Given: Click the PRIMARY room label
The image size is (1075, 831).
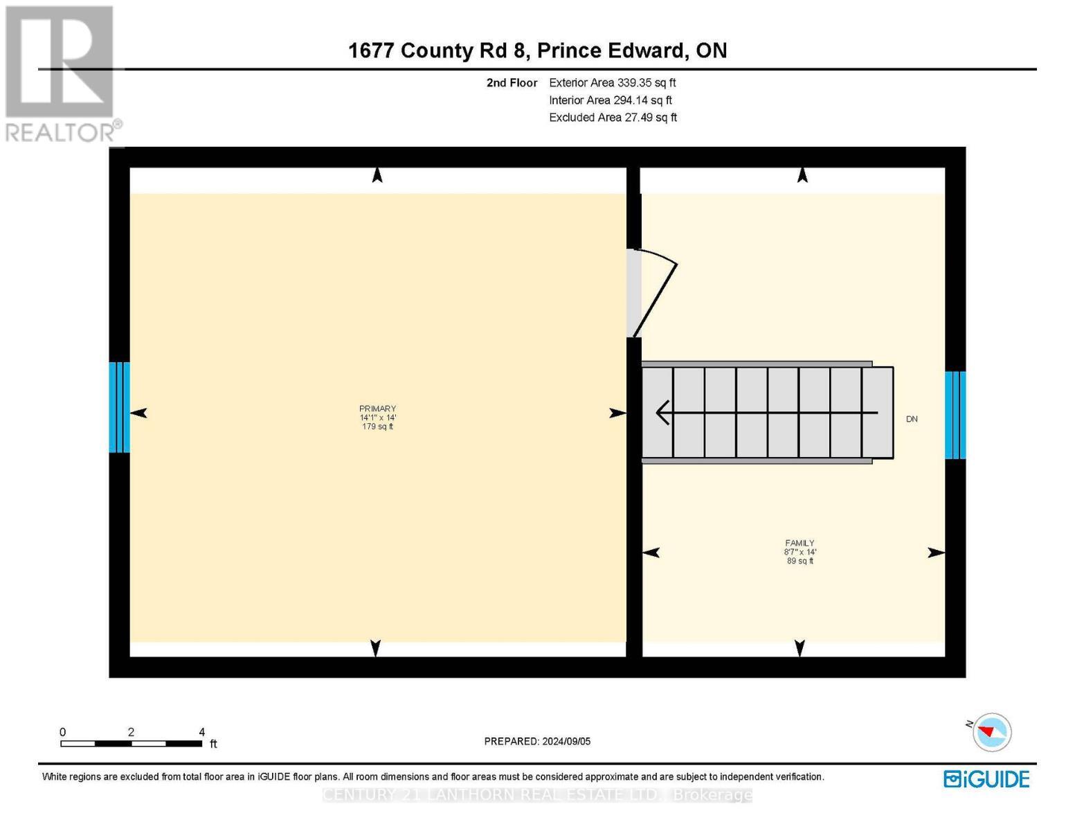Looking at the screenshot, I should pos(377,409).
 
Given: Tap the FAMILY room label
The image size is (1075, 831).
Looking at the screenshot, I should pos(800,543).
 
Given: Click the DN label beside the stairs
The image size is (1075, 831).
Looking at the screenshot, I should pos(912,419).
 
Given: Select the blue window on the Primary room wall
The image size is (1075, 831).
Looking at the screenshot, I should pos(119,407).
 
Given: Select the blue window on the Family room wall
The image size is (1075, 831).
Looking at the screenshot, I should pos(955,415).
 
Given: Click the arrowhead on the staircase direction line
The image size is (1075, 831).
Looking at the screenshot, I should pos(662,413).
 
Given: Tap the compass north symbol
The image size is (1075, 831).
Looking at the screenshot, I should pos(992,732).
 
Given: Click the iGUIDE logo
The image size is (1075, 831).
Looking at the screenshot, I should pos(986,779).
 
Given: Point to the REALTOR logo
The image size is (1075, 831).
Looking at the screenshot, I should pos(60,73).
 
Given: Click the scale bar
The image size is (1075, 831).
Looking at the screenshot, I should pos(132,744).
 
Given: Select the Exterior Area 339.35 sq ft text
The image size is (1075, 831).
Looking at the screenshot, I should pos(612,82).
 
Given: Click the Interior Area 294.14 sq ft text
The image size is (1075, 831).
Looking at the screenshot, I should pos(610,100).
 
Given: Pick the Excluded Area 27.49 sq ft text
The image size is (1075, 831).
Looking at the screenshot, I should pos(613,117).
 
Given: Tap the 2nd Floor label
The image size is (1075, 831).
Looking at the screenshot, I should pos(512,82).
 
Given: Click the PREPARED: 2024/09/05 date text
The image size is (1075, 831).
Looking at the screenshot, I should pos(537,741).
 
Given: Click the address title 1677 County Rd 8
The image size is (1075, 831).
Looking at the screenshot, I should pos(537,51).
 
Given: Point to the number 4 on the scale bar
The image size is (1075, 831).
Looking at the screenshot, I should pos(202,732).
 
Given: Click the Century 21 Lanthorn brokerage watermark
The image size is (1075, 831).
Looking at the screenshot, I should pos(537,795).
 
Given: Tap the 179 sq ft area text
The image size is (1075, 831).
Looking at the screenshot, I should pos(377,427).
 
